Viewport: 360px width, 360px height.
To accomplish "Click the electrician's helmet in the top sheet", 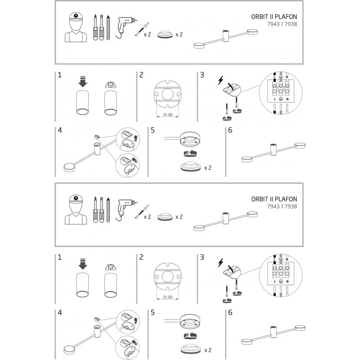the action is point(76,17).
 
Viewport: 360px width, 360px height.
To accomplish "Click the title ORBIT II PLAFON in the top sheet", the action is point(274,17).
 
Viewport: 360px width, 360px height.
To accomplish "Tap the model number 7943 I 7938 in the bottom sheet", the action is point(282,206).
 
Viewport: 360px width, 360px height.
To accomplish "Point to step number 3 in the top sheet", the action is point(202,75).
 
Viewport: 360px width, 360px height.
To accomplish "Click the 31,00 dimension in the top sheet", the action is point(167,115).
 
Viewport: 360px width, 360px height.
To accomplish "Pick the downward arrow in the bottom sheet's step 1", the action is point(83,264).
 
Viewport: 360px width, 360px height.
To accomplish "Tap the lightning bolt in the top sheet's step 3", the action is point(220,80).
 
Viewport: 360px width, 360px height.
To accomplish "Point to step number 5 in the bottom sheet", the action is point(153,313).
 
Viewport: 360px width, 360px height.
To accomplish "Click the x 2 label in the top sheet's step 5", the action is point(208,168).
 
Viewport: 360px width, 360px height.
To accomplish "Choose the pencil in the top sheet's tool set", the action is point(108,28).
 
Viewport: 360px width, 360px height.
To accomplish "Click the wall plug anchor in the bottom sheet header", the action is point(142,211).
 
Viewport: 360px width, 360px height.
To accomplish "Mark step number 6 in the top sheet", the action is point(230,130).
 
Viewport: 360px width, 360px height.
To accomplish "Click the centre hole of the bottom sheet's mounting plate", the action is point(167,277).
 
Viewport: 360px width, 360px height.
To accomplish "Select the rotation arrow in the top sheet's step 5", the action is point(190,154).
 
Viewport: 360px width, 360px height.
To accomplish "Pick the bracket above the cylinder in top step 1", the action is point(111,85).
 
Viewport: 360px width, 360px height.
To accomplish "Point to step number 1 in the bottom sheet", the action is point(60,257).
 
